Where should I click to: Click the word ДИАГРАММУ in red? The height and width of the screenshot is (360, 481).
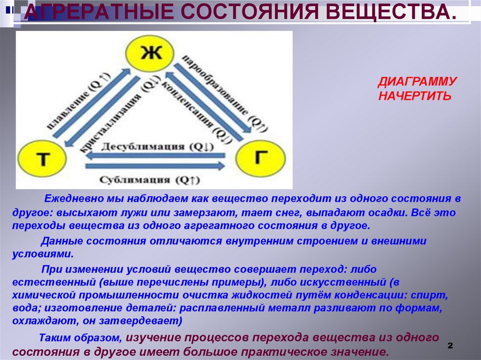pyautogui.click(x=417, y=82)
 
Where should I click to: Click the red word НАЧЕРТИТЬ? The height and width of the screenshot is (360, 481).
pyautogui.click(x=415, y=96)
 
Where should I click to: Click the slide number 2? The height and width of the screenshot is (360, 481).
pyautogui.click(x=450, y=345)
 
